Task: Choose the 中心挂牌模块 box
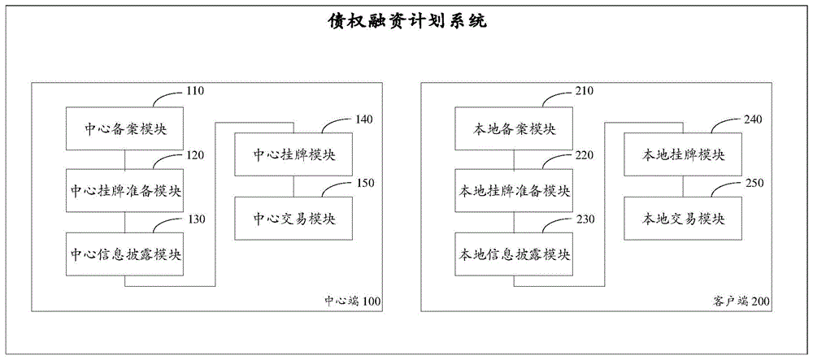(293, 154)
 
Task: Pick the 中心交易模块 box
(293, 218)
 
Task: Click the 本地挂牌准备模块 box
(514, 192)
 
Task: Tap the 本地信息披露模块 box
(514, 254)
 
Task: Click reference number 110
(195, 92)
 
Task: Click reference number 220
(584, 154)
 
